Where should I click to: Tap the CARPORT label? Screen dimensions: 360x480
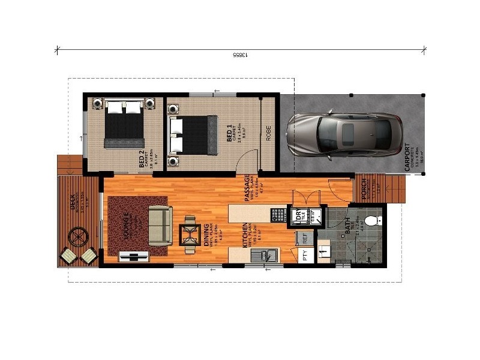[x=409, y=157]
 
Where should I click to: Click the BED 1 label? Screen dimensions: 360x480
[x=229, y=133]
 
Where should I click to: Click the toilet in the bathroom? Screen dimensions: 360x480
[x=372, y=220]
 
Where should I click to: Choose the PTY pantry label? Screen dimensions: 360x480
[x=304, y=257]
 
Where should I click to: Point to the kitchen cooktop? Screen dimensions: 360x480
[x=277, y=215]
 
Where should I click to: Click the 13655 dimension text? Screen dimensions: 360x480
[x=240, y=55]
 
